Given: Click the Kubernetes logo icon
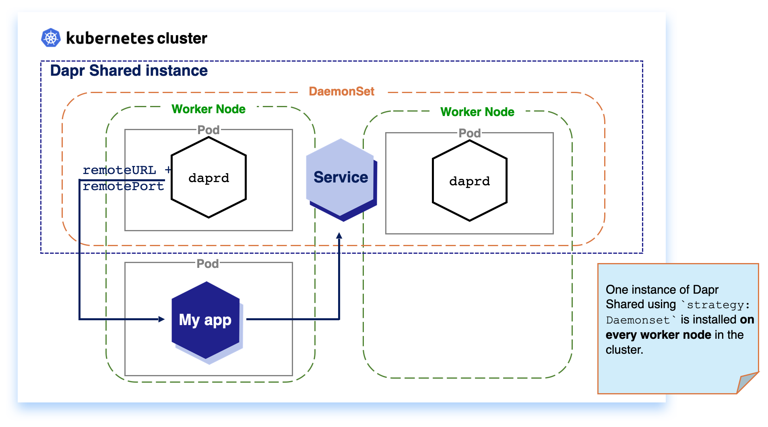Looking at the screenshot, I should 51,38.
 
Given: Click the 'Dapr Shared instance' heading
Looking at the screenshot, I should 129,70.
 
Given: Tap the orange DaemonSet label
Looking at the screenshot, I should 341,91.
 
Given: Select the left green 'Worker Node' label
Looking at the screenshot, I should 208,109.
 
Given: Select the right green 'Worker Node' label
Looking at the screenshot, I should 477,112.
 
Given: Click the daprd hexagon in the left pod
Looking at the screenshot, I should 209,178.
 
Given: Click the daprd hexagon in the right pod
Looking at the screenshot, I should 469,181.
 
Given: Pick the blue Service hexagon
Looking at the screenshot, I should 341,178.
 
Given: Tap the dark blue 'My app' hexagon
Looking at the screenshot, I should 205,320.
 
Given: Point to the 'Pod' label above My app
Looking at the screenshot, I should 207,264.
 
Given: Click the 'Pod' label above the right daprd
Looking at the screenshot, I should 469,133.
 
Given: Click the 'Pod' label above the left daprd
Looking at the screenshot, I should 208,130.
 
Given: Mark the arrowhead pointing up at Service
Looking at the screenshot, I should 339,236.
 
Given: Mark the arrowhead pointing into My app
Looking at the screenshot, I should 161,319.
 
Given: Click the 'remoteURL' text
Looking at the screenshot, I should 119,170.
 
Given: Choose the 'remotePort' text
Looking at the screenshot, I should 123,186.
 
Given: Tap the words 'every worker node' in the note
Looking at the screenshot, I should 658,335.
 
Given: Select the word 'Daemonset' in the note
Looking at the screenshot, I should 638,320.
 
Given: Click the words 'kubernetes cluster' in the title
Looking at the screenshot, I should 136,38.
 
